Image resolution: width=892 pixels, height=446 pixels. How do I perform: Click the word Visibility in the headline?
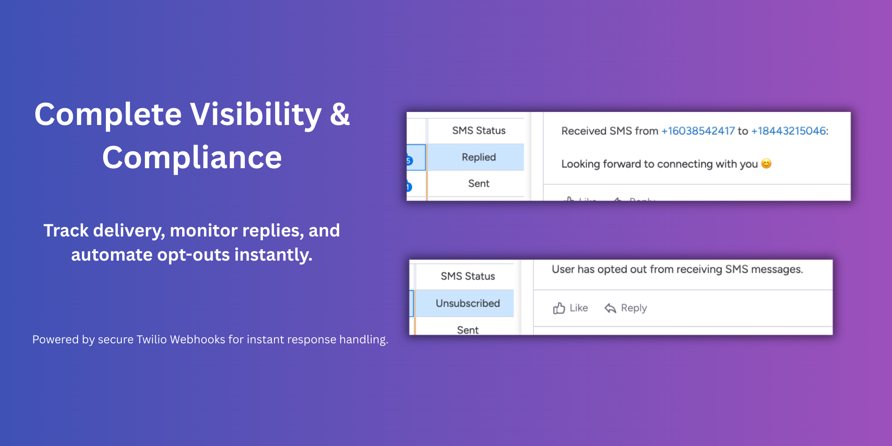pos(256,114)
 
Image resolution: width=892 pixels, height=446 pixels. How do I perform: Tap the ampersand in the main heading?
pos(340,114)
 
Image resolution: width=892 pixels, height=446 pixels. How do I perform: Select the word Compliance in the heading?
pos(192,157)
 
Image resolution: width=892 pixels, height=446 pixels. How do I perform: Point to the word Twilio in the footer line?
pos(151,340)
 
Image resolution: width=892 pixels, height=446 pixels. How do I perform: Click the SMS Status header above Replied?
pos(479,131)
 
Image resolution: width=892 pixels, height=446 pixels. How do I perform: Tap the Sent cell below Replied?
pos(479,184)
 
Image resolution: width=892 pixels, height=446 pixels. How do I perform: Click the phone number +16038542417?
pos(698,131)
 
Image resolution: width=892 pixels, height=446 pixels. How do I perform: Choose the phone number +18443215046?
pos(788,131)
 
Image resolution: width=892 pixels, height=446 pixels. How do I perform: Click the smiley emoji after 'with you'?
pos(767,164)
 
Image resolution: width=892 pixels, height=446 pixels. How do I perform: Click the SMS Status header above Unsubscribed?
pos(468,276)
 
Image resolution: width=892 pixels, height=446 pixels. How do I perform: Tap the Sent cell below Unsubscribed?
pos(468,330)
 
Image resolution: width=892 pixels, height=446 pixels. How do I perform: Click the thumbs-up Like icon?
pos(559,308)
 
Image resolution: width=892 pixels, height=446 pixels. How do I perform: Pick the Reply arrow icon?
pos(610,308)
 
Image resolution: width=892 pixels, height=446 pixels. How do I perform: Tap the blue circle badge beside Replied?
pos(409,161)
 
